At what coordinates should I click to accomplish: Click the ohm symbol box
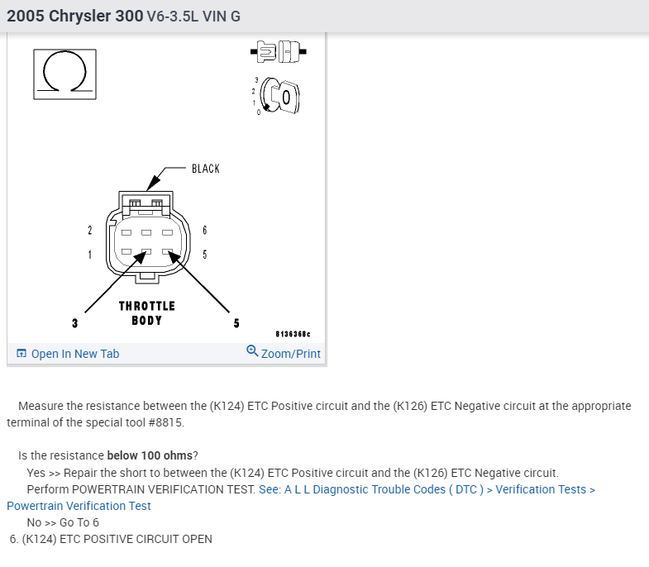[x=64, y=74]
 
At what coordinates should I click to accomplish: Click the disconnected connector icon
[x=278, y=52]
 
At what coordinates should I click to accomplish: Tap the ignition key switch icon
[x=277, y=96]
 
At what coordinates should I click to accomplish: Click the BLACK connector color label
[x=206, y=169]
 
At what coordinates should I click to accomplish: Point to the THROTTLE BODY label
[x=147, y=313]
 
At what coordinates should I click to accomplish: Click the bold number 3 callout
[x=74, y=323]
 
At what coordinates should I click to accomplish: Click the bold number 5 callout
[x=236, y=323]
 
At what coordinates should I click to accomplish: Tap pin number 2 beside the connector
[x=90, y=230]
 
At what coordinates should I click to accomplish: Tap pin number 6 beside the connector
[x=204, y=230]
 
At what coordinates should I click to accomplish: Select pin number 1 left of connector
[x=90, y=255]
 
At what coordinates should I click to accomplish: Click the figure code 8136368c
[x=293, y=334]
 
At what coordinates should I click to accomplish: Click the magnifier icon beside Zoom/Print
[x=252, y=350]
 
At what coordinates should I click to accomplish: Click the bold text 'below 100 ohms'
[x=150, y=455]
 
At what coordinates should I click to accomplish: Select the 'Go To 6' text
[x=79, y=522]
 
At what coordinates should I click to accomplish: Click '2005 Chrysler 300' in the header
[x=75, y=17]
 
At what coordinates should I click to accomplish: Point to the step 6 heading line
[x=111, y=539]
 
